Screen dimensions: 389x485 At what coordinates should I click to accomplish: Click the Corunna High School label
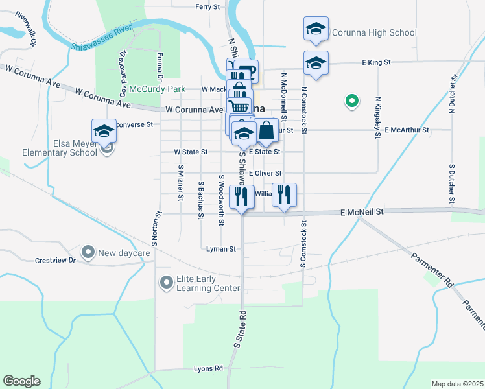373,32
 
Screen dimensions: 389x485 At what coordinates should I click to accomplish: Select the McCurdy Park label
158,89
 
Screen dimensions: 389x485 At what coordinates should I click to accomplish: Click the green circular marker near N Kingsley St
351,100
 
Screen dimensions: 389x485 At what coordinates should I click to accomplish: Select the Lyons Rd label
208,368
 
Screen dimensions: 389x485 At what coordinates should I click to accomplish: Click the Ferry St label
207,6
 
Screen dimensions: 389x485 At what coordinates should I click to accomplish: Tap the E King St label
376,62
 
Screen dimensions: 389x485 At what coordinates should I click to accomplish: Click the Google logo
21,381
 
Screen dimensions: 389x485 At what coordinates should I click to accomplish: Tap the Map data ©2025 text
457,384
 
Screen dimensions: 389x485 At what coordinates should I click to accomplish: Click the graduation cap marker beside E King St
316,63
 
